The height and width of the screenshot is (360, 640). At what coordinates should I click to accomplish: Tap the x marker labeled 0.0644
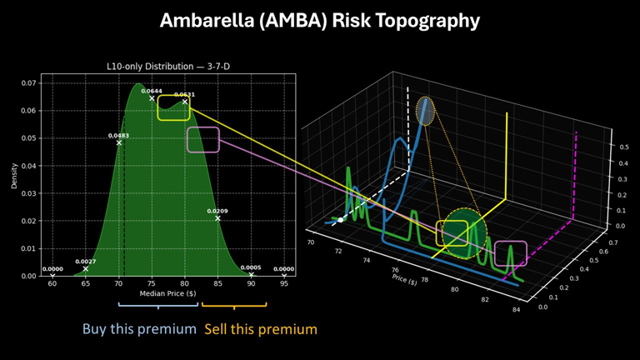click(x=152, y=98)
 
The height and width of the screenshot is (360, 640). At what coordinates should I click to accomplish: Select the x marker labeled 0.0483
click(x=119, y=142)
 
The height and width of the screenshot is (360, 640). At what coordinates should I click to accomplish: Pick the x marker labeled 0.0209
click(x=217, y=218)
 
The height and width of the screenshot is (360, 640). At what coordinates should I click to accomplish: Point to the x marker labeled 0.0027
click(x=86, y=268)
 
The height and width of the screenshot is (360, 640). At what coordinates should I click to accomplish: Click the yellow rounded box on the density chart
click(x=173, y=107)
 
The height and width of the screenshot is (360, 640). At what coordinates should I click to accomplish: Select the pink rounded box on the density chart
click(x=203, y=139)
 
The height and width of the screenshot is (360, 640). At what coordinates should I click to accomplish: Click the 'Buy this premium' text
click(x=139, y=329)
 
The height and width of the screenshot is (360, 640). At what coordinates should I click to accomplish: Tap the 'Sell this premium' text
click(x=261, y=329)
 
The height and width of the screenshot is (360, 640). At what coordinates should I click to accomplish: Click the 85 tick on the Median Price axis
click(x=217, y=284)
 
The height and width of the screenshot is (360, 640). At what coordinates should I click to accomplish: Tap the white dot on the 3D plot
click(x=341, y=220)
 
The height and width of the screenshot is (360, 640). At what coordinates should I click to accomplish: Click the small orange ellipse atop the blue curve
click(x=425, y=111)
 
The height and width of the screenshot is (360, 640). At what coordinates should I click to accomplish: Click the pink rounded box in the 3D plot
click(x=511, y=253)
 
